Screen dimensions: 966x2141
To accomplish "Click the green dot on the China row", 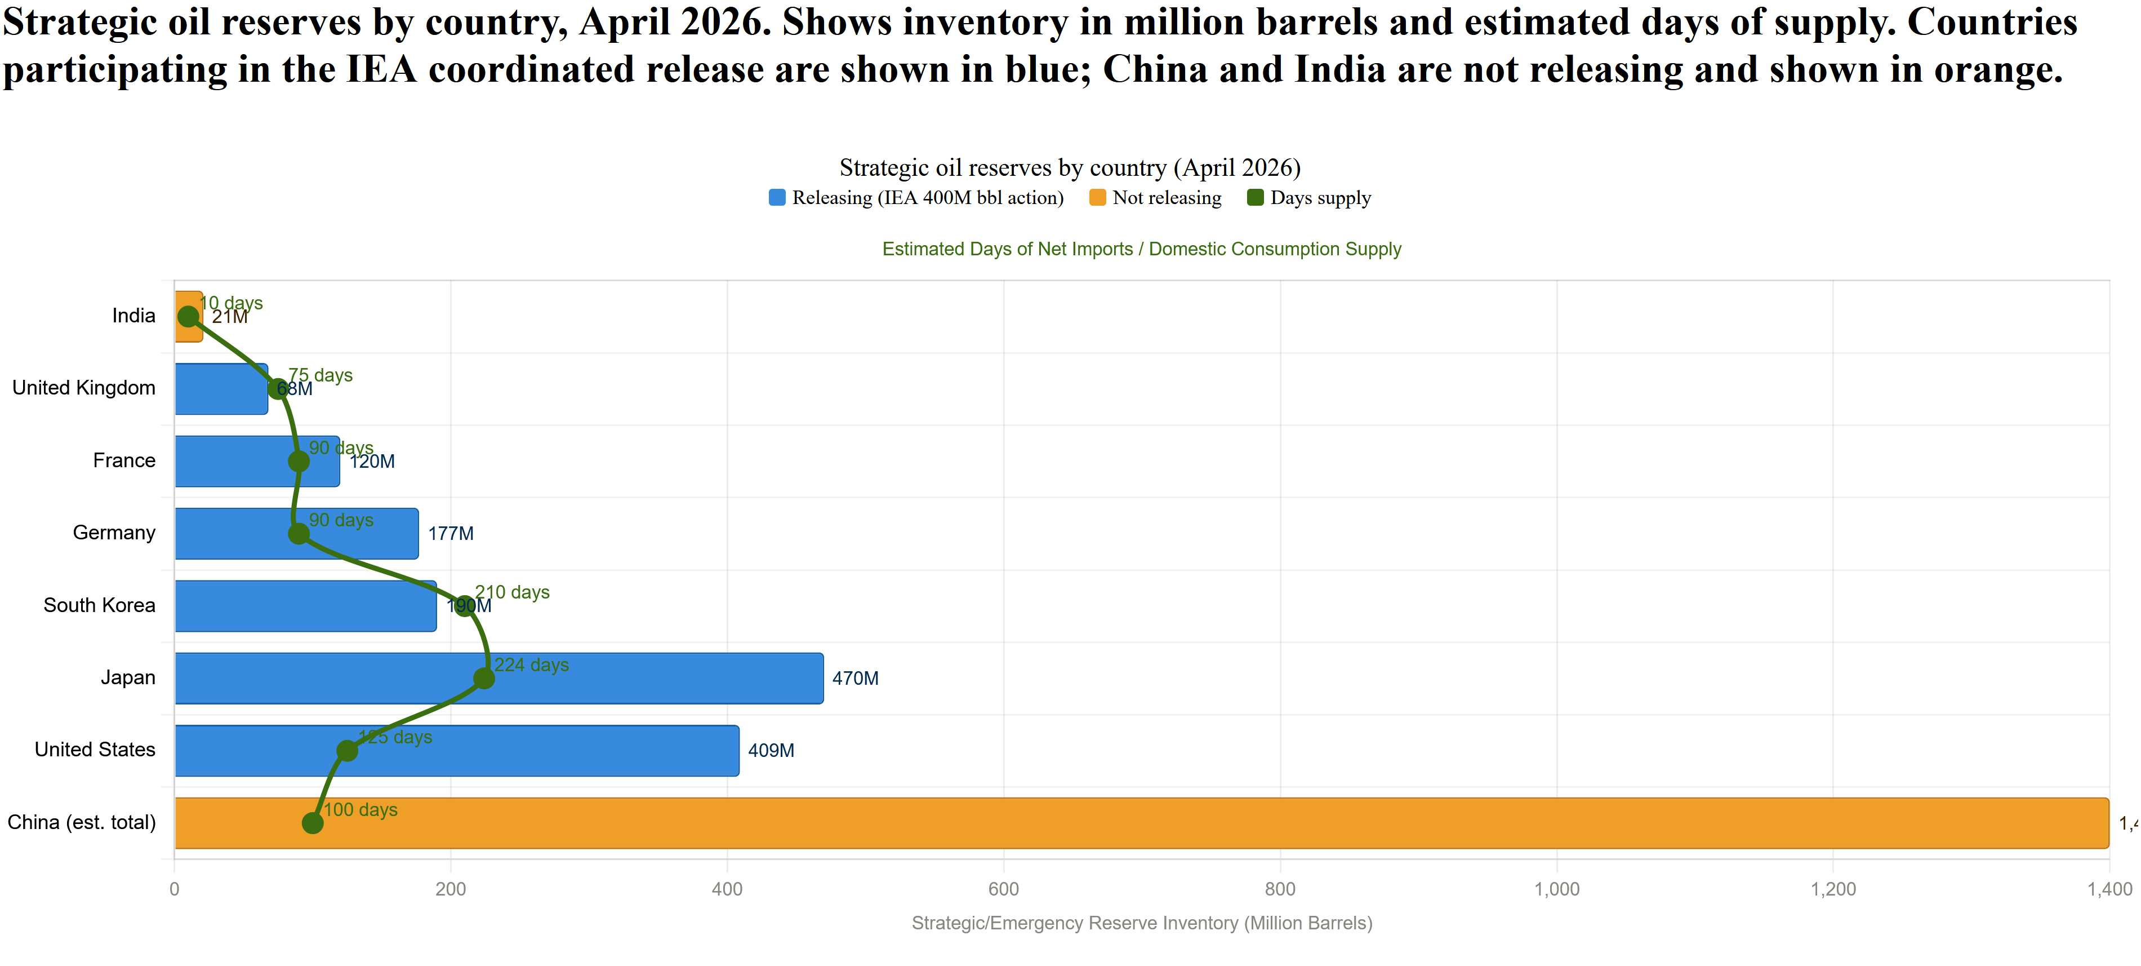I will coord(313,823).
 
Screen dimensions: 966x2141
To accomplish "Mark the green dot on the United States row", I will coord(348,751).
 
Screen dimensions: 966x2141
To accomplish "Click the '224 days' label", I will coord(532,665).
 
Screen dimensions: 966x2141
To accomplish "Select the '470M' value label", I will coord(855,679).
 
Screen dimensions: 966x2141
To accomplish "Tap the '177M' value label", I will coord(451,534).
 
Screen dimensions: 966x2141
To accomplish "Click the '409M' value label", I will coord(771,751).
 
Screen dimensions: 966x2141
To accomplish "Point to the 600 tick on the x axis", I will coord(1003,889).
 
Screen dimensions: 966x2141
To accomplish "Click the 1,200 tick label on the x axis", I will coord(1833,889).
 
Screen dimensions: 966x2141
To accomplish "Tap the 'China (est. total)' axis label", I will coord(82,822).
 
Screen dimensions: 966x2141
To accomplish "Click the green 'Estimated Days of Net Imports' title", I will coord(1141,250).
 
